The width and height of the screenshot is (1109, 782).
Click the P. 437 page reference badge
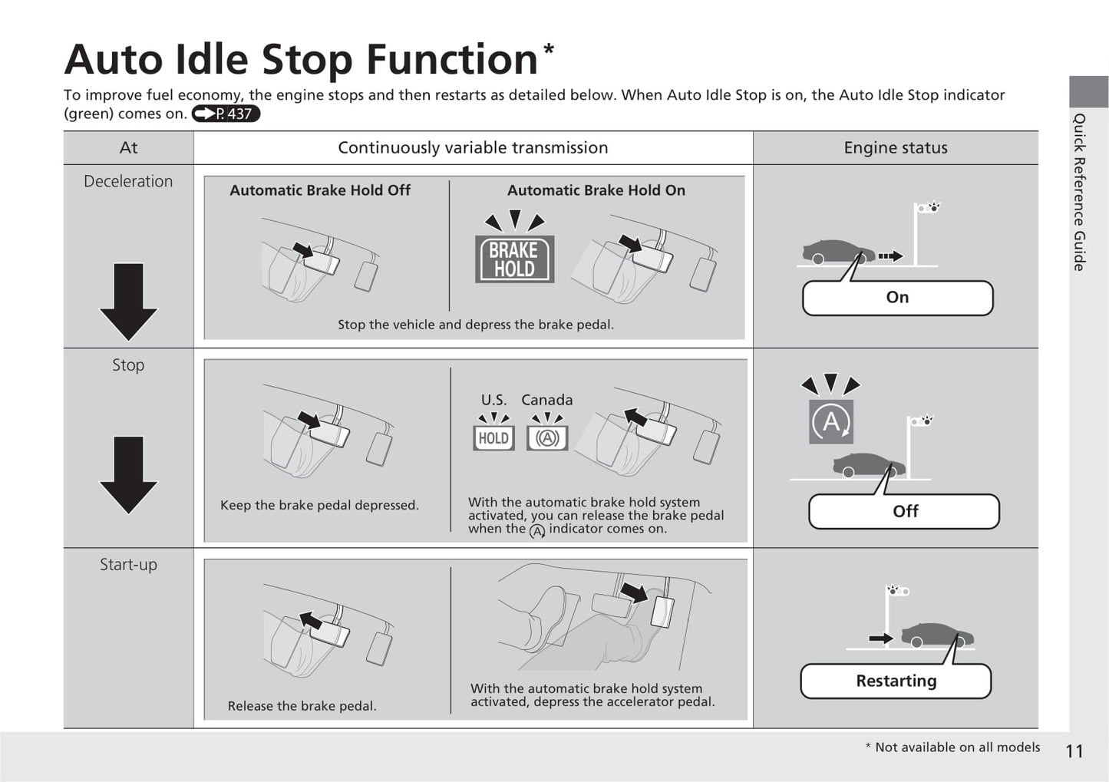[226, 114]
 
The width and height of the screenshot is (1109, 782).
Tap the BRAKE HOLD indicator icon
[514, 259]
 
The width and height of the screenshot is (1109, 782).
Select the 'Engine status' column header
[896, 147]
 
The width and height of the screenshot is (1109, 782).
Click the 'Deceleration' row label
[128, 181]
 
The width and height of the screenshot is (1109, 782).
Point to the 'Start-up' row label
[128, 564]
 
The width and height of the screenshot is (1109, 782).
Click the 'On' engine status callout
[898, 298]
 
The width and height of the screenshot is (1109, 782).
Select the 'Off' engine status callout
[905, 511]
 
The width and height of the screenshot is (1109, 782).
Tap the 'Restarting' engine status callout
[896, 681]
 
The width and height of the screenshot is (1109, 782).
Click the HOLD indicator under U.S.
[493, 438]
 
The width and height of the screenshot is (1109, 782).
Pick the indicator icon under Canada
[547, 438]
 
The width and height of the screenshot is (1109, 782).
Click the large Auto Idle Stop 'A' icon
[831, 421]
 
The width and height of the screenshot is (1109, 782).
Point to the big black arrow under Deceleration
[128, 302]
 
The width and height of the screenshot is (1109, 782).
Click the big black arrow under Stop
[128, 474]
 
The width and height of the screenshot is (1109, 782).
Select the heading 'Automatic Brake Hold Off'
[320, 190]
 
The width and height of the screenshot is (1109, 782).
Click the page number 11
[1074, 751]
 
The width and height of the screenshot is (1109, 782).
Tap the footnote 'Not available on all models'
[958, 747]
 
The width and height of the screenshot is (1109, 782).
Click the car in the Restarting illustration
[937, 635]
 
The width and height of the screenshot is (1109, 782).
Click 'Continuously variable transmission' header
[473, 147]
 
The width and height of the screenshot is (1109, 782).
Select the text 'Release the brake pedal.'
[302, 706]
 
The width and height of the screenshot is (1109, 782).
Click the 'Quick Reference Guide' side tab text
[1079, 192]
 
